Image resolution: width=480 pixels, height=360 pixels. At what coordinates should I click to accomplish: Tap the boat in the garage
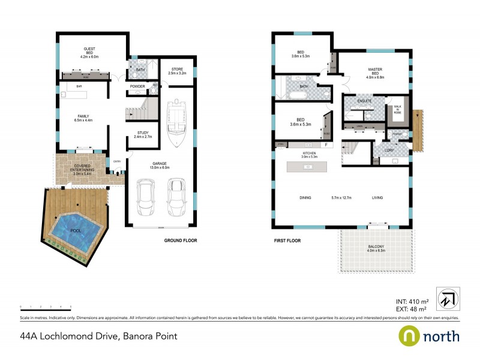[178, 123]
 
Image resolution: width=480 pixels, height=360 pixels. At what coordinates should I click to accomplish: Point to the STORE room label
[178, 71]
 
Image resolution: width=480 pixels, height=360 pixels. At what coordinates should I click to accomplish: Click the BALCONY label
[376, 246]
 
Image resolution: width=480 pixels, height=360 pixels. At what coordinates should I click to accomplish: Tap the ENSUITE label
[364, 101]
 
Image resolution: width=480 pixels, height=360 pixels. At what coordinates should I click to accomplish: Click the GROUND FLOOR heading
[181, 241]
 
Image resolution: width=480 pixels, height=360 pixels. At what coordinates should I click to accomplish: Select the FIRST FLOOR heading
[286, 241]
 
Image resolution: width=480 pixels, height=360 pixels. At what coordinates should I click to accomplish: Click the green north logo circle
[410, 337]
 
